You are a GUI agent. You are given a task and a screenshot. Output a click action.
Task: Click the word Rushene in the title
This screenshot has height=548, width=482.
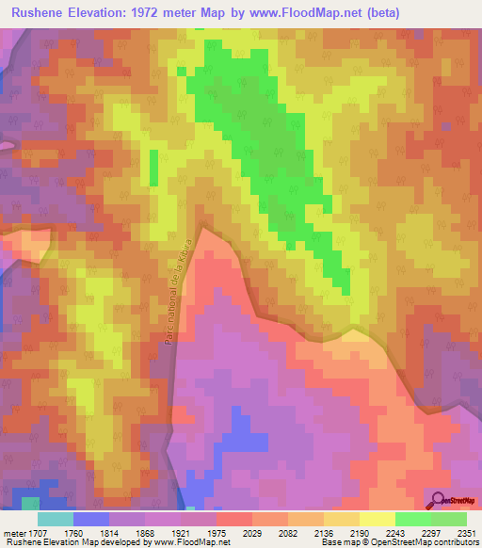click(x=40, y=13)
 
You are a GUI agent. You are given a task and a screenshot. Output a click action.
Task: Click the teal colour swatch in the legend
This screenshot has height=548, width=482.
click(x=56, y=519)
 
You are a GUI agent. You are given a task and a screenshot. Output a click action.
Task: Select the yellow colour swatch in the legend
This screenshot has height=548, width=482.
click(x=377, y=519)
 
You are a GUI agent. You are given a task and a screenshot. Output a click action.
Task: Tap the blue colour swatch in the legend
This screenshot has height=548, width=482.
click(x=91, y=519)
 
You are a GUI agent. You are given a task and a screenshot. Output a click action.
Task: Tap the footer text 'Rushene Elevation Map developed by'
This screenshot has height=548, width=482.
click(x=66, y=543)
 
